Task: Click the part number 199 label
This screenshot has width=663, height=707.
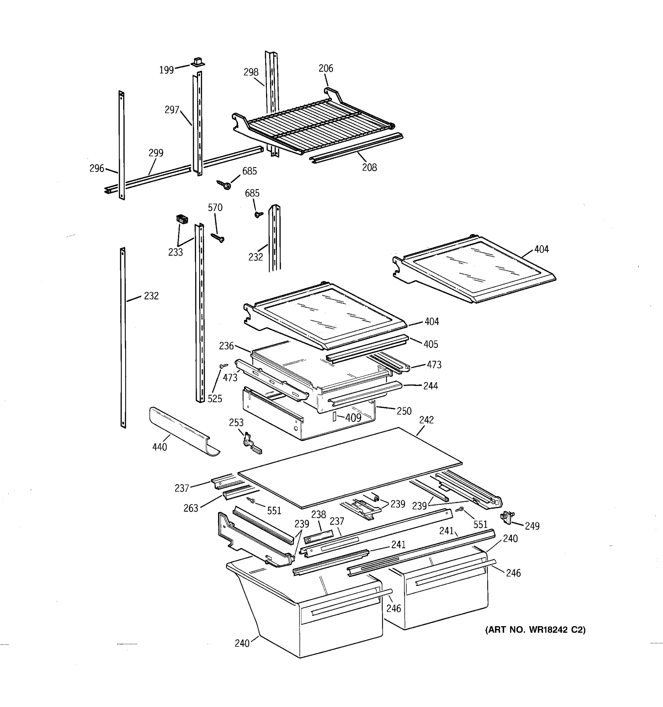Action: [x=166, y=70]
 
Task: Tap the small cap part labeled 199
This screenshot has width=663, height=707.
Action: [x=198, y=62]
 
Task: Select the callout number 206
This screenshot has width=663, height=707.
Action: [x=325, y=68]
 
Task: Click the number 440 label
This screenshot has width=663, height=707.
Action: [x=159, y=447]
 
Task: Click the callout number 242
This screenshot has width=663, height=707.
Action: [x=426, y=420]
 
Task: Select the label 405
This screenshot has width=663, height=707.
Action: [x=431, y=344]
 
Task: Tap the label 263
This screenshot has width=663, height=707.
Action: [x=191, y=508]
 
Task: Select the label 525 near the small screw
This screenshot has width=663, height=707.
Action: [x=215, y=399]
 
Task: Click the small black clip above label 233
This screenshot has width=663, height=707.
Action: [x=182, y=219]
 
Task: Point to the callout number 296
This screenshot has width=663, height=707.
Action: [x=96, y=168]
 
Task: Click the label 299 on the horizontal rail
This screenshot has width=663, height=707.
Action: [x=156, y=153]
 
